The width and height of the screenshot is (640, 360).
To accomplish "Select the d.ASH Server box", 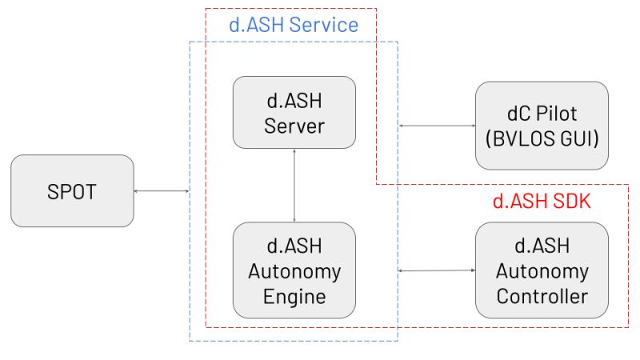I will click(294, 113).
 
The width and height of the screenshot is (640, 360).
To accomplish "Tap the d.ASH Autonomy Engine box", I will click(294, 270).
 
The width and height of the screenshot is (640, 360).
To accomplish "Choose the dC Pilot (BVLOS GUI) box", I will click(542, 125).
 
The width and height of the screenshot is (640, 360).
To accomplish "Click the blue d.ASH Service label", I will click(294, 25).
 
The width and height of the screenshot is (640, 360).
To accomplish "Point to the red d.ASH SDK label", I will click(541, 202).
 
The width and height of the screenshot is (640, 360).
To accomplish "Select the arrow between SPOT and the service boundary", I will click(162, 190).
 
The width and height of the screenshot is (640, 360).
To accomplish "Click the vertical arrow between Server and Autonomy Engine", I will click(294, 186).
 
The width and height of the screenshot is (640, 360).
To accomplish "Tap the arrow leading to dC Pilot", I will click(436, 126).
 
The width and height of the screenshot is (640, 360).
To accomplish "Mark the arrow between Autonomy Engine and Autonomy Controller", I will click(436, 271).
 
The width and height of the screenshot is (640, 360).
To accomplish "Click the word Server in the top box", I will click(294, 126).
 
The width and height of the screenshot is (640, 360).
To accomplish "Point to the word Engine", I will click(294, 296).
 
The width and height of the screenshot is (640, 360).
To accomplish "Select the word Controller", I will click(542, 296).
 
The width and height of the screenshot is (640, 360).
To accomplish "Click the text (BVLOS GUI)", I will click(542, 138).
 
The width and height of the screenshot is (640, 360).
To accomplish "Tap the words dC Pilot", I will click(542, 113).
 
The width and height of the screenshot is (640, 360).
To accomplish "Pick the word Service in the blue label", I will click(324, 25).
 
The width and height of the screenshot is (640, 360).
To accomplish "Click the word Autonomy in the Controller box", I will click(542, 271).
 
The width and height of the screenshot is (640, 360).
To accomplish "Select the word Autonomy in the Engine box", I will click(294, 271).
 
